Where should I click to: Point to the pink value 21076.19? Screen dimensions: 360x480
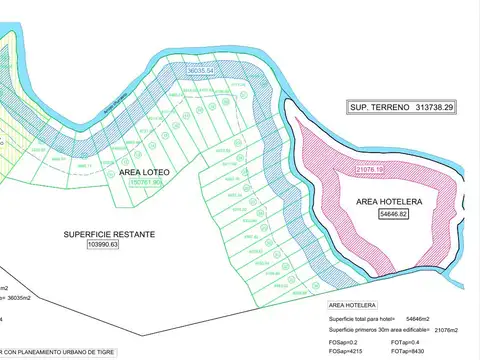[371, 171]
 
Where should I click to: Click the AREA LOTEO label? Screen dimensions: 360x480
[145, 173]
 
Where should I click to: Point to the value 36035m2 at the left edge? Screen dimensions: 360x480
[20, 297]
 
